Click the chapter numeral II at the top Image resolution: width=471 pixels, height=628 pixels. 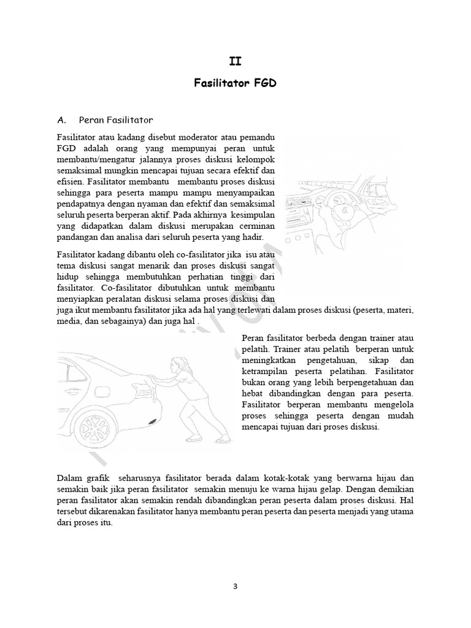[235, 61]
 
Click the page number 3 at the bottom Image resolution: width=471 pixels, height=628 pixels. [235, 586]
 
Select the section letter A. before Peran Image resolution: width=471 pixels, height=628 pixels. [62, 119]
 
